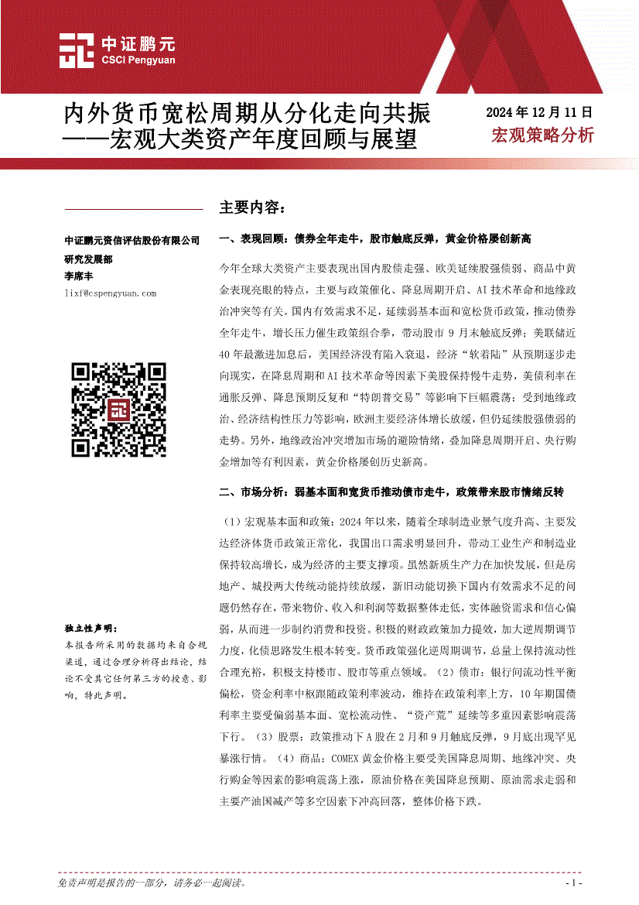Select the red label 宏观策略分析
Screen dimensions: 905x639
coord(542,135)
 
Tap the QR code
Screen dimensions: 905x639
coord(119,409)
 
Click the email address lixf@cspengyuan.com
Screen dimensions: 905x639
coord(111,293)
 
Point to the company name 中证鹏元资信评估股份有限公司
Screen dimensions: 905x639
coord(132,241)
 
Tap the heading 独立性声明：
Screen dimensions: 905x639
coord(91,628)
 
